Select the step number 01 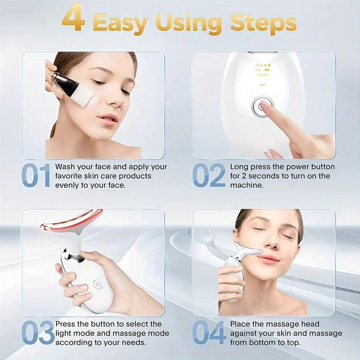(x=36, y=176)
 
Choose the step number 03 (x=38, y=333)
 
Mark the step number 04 (x=209, y=333)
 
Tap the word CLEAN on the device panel (x=263, y=75)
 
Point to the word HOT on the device (x=263, y=85)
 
